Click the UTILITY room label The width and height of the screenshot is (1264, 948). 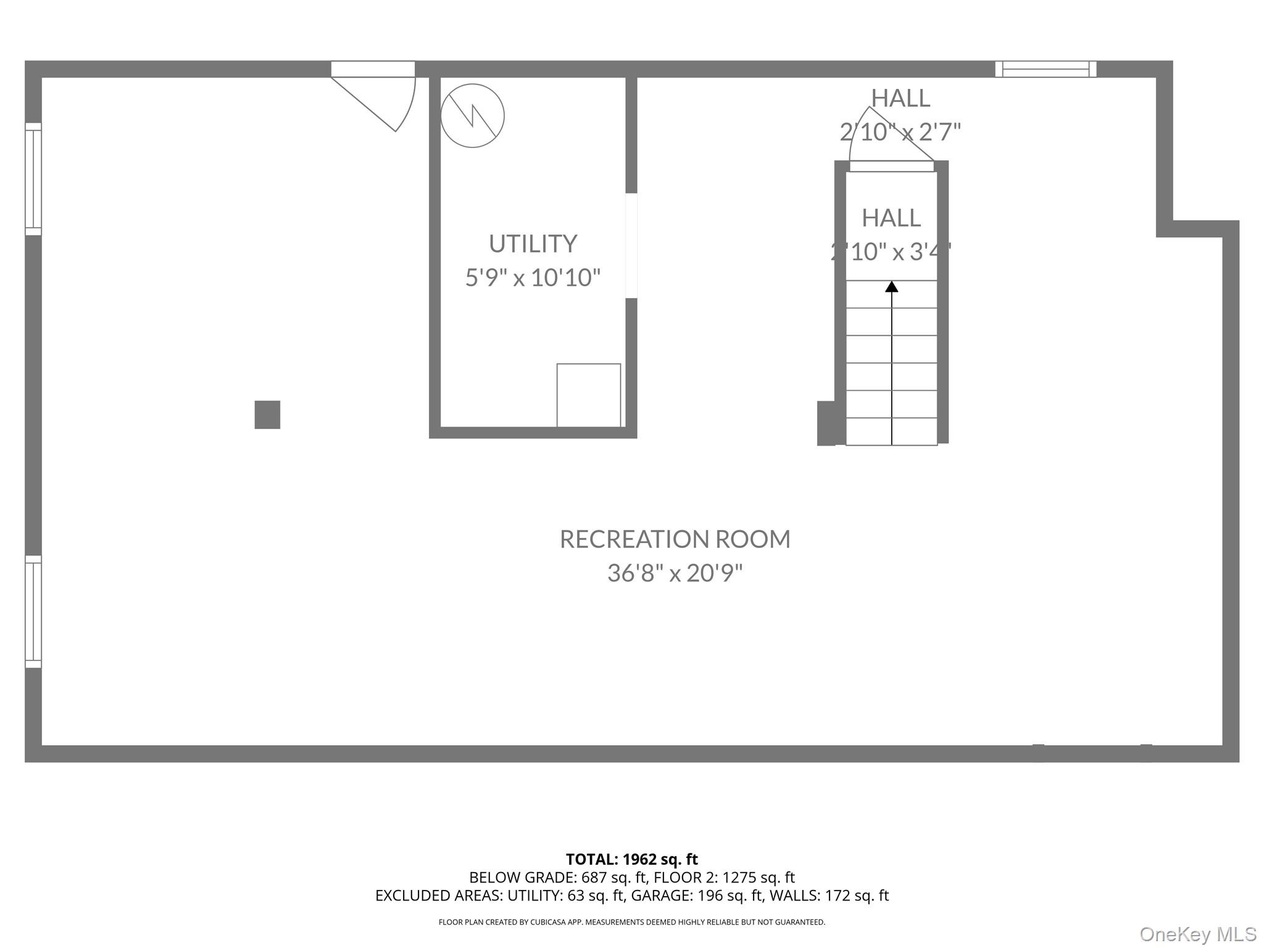click(x=533, y=244)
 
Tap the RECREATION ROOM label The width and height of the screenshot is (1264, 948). click(x=675, y=539)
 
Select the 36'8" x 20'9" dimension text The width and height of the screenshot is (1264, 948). click(x=675, y=573)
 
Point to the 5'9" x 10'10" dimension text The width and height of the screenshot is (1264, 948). click(x=533, y=278)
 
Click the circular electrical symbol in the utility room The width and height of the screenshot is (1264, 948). click(x=472, y=115)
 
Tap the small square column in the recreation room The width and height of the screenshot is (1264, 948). click(x=267, y=415)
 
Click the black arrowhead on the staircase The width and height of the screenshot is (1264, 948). click(x=891, y=287)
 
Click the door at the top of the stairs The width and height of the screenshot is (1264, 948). click(x=891, y=165)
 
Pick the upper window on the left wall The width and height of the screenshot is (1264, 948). click(x=33, y=179)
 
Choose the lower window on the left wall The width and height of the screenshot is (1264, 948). click(x=33, y=612)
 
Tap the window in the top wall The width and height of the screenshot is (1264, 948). click(x=1046, y=69)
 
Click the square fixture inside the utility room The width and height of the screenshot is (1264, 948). click(x=589, y=395)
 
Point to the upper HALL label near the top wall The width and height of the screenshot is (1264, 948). click(x=900, y=98)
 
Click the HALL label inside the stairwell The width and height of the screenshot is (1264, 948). click(x=891, y=218)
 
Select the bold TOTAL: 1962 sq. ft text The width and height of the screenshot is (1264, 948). click(x=632, y=859)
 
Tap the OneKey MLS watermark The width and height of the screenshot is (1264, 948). click(x=1198, y=934)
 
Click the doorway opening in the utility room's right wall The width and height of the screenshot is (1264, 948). click(x=631, y=246)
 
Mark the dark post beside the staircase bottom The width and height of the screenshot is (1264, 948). click(x=826, y=423)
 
